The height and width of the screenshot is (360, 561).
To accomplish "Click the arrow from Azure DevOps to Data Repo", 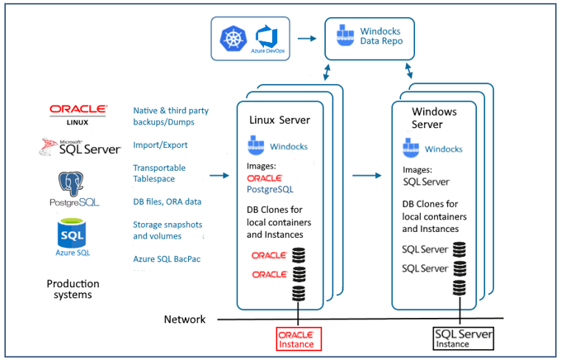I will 307,38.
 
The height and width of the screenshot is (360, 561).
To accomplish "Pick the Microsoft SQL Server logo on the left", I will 78,146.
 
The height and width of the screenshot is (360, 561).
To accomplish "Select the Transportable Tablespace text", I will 159,173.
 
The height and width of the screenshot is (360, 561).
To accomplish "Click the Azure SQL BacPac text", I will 167,258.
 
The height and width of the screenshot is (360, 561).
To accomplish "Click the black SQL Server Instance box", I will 463,338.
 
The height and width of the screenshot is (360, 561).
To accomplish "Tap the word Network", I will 185,319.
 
